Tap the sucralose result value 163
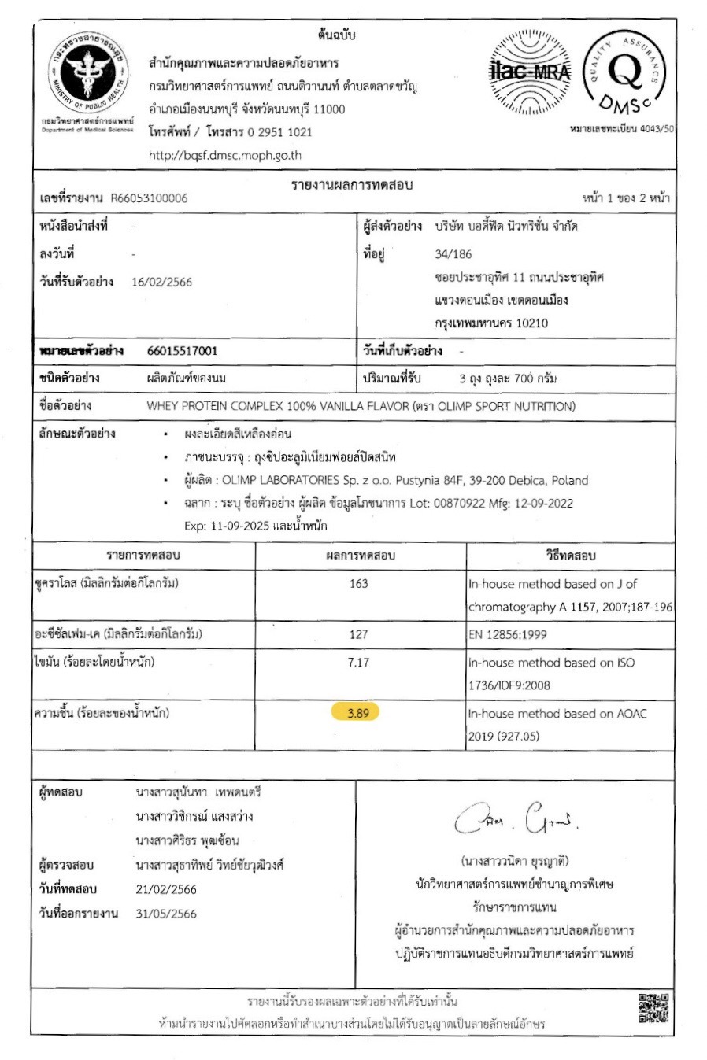358,584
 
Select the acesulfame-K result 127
358,634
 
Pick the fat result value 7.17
358,663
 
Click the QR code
653,1008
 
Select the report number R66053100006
149,198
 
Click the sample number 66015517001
183,351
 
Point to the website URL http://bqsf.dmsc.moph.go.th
225,155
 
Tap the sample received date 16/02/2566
161,283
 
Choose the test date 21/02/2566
166,890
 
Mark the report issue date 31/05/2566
166,914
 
